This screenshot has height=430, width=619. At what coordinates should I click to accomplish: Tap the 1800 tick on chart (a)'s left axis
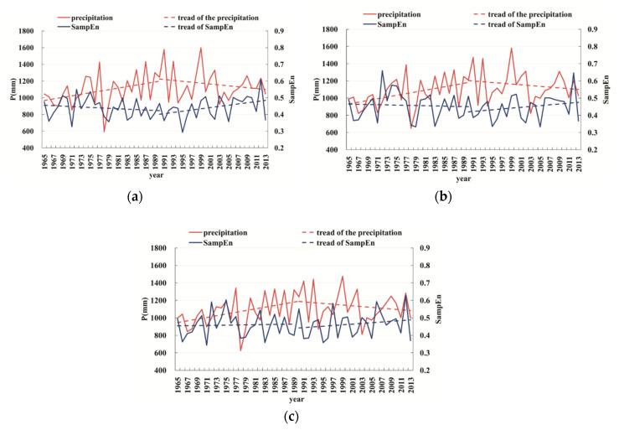coord(25,31)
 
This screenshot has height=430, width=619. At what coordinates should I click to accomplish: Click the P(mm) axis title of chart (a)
coord(8,89)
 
